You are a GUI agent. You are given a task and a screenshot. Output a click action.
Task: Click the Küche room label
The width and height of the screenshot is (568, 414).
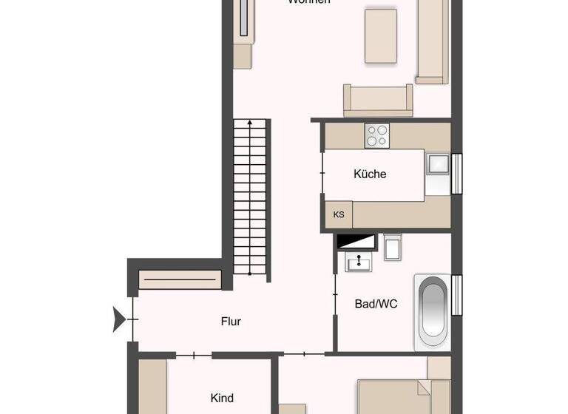[370, 174]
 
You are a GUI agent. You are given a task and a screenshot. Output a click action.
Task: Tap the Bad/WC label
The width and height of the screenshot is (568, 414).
[376, 303]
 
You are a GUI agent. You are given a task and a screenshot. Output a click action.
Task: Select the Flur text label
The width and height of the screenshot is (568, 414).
[231, 322]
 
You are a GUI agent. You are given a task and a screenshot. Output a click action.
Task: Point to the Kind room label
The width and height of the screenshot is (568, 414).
[222, 398]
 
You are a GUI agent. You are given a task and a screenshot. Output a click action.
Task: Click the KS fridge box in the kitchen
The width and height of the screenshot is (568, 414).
[339, 215]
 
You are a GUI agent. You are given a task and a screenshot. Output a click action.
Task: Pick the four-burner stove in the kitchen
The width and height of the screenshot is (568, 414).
[377, 135]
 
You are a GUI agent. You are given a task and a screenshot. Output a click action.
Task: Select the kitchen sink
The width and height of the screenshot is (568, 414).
[437, 163]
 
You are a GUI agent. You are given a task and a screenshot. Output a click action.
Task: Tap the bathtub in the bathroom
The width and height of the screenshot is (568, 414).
[433, 312]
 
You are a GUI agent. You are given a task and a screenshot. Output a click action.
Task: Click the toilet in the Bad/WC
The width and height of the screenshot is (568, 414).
[392, 247]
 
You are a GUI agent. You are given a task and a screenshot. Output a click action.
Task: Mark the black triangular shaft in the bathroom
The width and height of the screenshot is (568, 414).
[356, 241]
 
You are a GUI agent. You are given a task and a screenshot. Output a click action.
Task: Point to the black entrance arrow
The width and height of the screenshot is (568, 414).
[117, 320]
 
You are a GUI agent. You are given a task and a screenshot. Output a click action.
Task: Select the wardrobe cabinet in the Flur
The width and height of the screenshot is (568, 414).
[180, 280]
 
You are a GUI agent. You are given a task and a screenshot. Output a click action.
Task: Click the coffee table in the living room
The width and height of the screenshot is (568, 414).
[382, 35]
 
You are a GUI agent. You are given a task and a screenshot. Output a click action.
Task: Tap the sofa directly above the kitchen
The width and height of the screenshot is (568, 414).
[377, 101]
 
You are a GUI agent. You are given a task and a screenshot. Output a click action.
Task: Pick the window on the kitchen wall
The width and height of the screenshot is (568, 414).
[456, 174]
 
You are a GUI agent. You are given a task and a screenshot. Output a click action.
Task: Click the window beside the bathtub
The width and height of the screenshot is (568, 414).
[456, 293]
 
